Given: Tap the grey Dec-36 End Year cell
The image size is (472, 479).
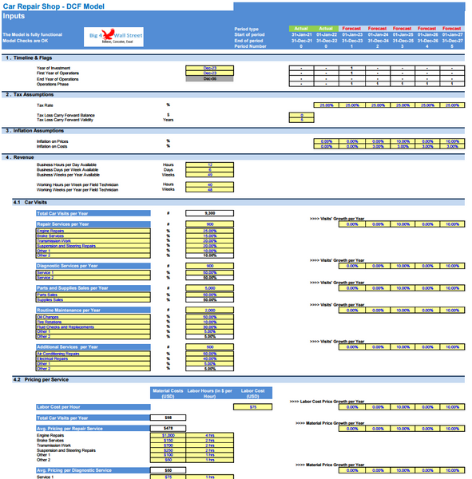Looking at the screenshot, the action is click(210, 78).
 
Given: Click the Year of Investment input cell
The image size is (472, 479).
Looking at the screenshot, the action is click(210, 68).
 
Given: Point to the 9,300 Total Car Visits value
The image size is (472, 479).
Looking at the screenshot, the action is click(210, 214).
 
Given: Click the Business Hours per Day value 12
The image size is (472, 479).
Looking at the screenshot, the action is click(210, 164).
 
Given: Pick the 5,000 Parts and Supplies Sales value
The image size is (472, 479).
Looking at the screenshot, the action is click(210, 288).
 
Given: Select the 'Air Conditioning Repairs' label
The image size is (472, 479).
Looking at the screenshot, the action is click(61, 354).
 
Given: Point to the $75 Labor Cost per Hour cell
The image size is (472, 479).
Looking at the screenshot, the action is click(252, 407).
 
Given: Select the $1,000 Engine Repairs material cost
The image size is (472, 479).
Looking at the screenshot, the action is click(169, 435).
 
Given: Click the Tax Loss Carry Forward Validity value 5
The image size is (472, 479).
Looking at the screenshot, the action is click(302, 120).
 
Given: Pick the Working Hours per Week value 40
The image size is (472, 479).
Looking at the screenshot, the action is click(210, 184).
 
